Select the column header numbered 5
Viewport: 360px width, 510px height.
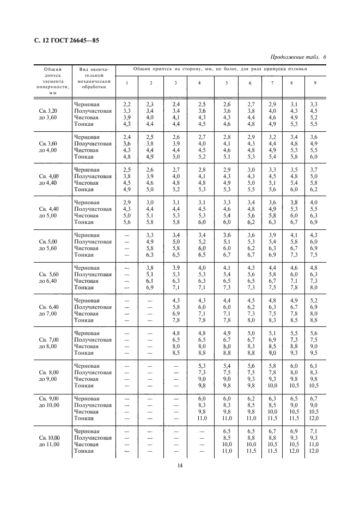[226, 82]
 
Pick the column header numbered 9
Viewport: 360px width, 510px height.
[314, 82]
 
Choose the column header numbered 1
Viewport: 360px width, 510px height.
[127, 82]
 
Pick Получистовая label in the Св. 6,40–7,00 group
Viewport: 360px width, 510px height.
[93, 307]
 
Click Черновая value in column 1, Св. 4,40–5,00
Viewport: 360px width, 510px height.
[127, 203]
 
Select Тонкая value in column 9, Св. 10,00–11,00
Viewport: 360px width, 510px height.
[314, 451]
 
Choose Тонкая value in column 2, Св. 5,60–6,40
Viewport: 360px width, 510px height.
[151, 288]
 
